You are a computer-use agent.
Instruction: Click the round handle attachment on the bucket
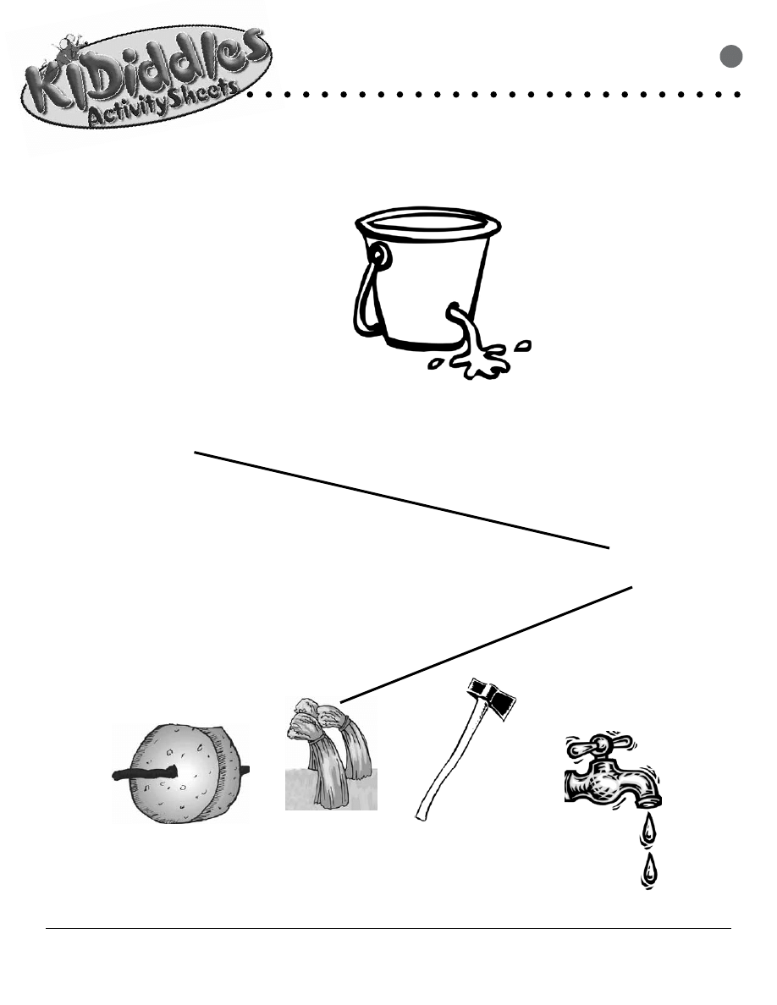[378, 254]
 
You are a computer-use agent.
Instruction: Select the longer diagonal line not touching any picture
[402, 500]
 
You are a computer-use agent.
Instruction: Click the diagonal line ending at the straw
[487, 644]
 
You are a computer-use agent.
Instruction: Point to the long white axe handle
[444, 761]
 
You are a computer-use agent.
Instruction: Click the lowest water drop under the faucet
[649, 871]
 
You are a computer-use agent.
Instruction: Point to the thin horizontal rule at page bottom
[388, 929]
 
